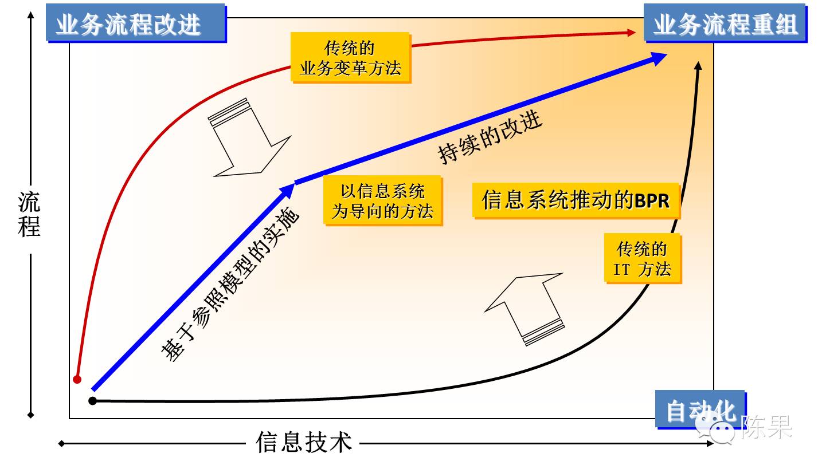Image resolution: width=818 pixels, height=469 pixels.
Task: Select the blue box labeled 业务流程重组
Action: coord(725,24)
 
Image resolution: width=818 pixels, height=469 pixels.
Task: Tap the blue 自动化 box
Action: coord(700,410)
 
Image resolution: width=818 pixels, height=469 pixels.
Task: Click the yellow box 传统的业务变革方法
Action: coord(350,58)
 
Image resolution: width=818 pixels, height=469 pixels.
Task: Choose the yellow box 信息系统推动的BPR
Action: coord(576,200)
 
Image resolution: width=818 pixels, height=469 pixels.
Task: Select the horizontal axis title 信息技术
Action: coord(303,443)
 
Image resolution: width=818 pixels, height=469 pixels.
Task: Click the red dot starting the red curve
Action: coord(77,379)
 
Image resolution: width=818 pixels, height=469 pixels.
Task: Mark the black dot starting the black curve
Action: coord(92,401)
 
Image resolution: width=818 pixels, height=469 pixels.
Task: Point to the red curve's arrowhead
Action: coord(631,33)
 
